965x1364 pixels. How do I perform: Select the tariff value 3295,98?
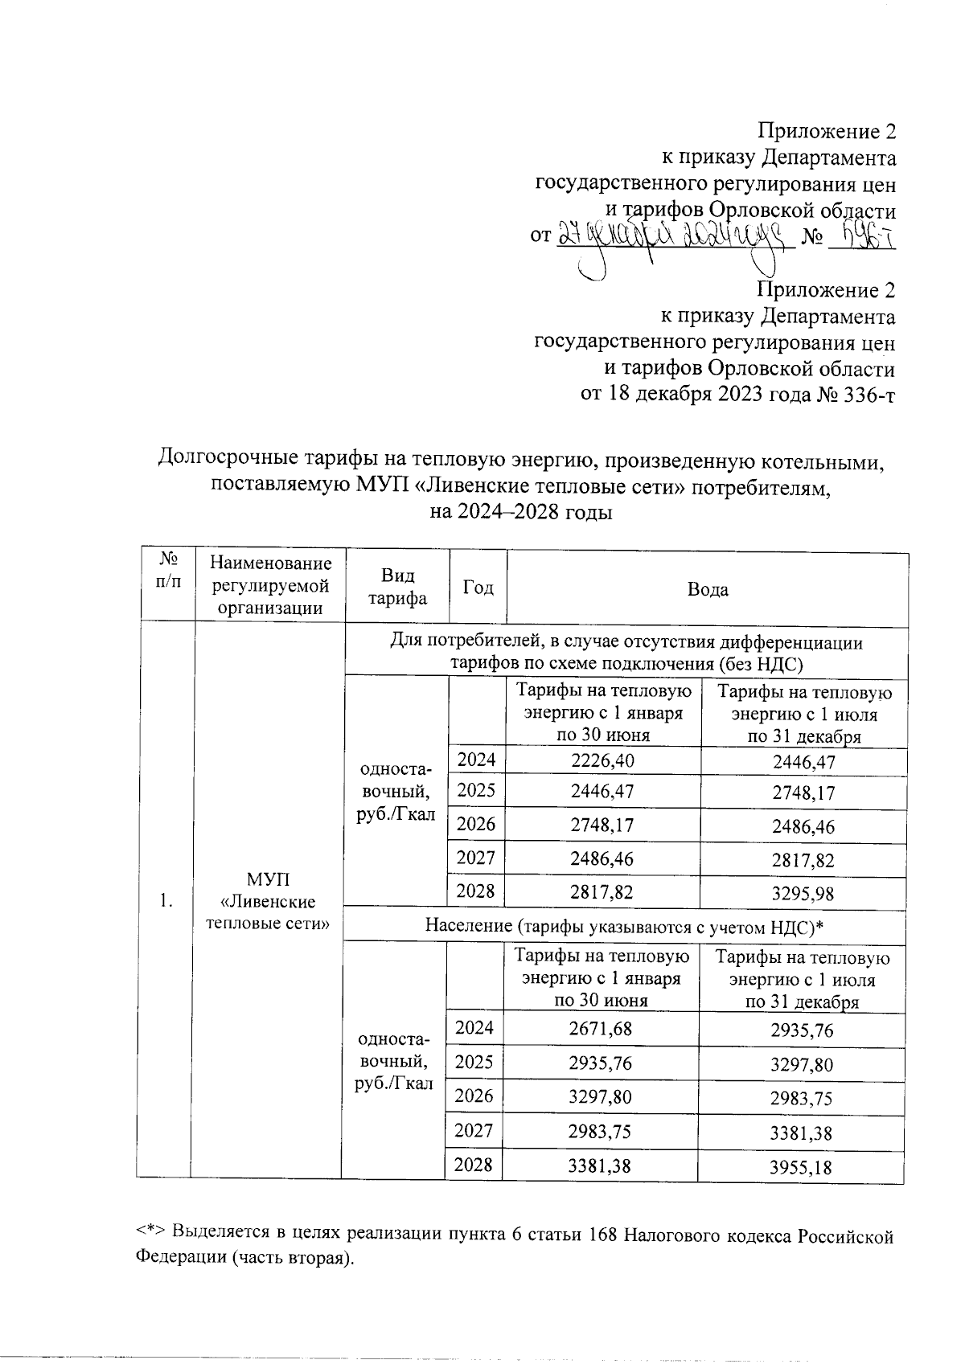[x=803, y=893]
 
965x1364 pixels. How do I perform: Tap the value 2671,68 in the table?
[x=600, y=1029]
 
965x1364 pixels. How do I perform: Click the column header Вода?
[x=708, y=589]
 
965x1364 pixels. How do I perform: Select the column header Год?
[x=478, y=588]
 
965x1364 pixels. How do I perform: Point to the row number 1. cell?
[x=165, y=901]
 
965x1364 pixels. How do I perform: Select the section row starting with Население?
[x=625, y=927]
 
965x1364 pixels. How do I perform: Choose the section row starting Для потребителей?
[x=625, y=653]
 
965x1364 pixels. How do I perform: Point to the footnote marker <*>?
[x=150, y=1234]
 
